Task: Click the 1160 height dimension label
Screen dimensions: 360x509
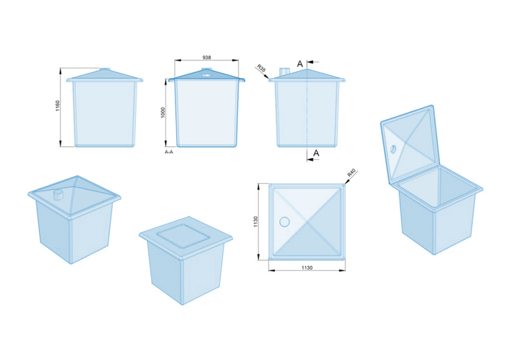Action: pos(57,107)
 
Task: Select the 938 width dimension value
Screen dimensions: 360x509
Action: pos(207,57)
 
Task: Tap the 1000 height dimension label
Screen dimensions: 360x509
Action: pos(163,112)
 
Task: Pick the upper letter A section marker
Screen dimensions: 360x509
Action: pos(300,63)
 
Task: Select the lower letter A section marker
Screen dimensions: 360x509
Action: pos(316,153)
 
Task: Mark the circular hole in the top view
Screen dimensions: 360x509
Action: pos(284,221)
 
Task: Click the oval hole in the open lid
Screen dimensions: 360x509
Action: pos(393,149)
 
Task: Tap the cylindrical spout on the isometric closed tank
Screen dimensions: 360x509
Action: pos(58,194)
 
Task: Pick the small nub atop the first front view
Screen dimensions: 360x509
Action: pos(104,70)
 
